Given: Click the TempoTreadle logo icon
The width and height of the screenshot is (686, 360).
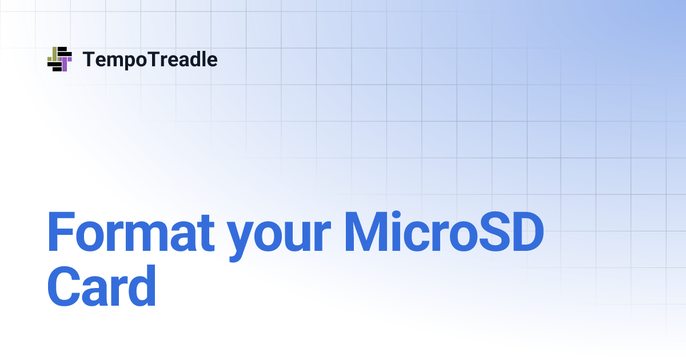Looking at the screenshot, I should click(59, 59).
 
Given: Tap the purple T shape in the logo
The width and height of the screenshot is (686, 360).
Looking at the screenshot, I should click(65, 62).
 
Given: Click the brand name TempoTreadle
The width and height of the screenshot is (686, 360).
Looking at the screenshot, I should click(150, 59).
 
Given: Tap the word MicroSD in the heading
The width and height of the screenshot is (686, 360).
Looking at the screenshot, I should click(443, 234).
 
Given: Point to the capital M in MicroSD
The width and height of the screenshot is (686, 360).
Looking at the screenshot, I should click(368, 233).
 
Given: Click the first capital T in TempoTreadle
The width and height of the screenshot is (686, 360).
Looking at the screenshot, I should click(89, 59).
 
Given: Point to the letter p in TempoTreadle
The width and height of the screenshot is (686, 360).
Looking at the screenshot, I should click(130, 62).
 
